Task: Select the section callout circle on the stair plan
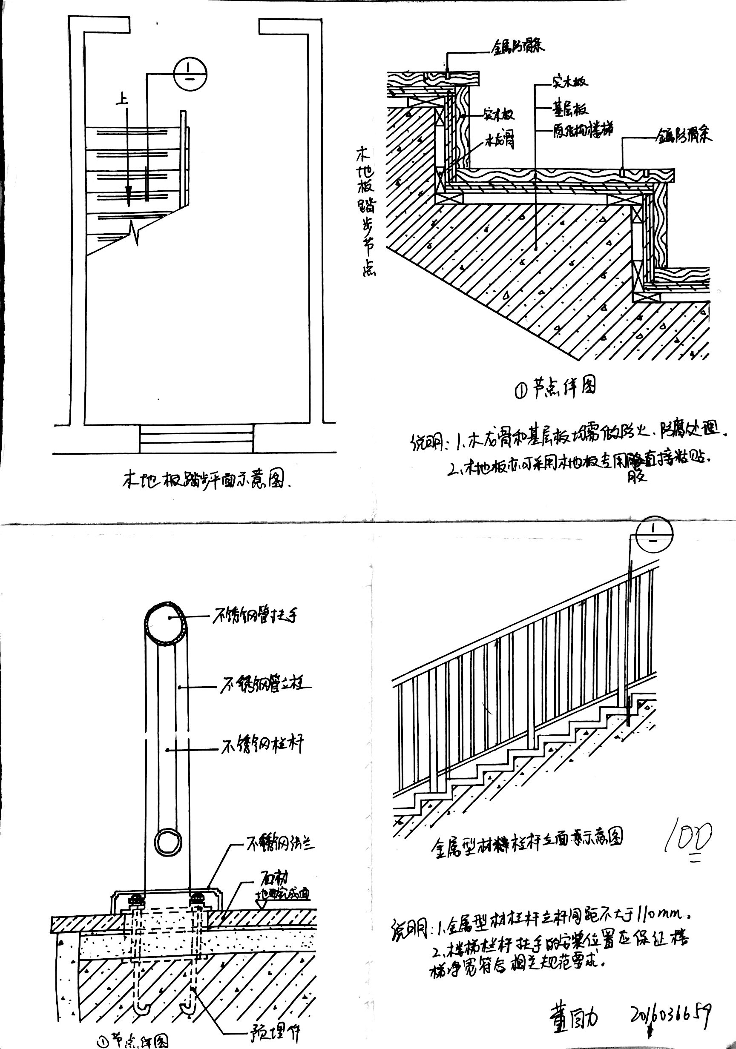[x=190, y=75]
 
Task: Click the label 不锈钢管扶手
[x=256, y=616]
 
